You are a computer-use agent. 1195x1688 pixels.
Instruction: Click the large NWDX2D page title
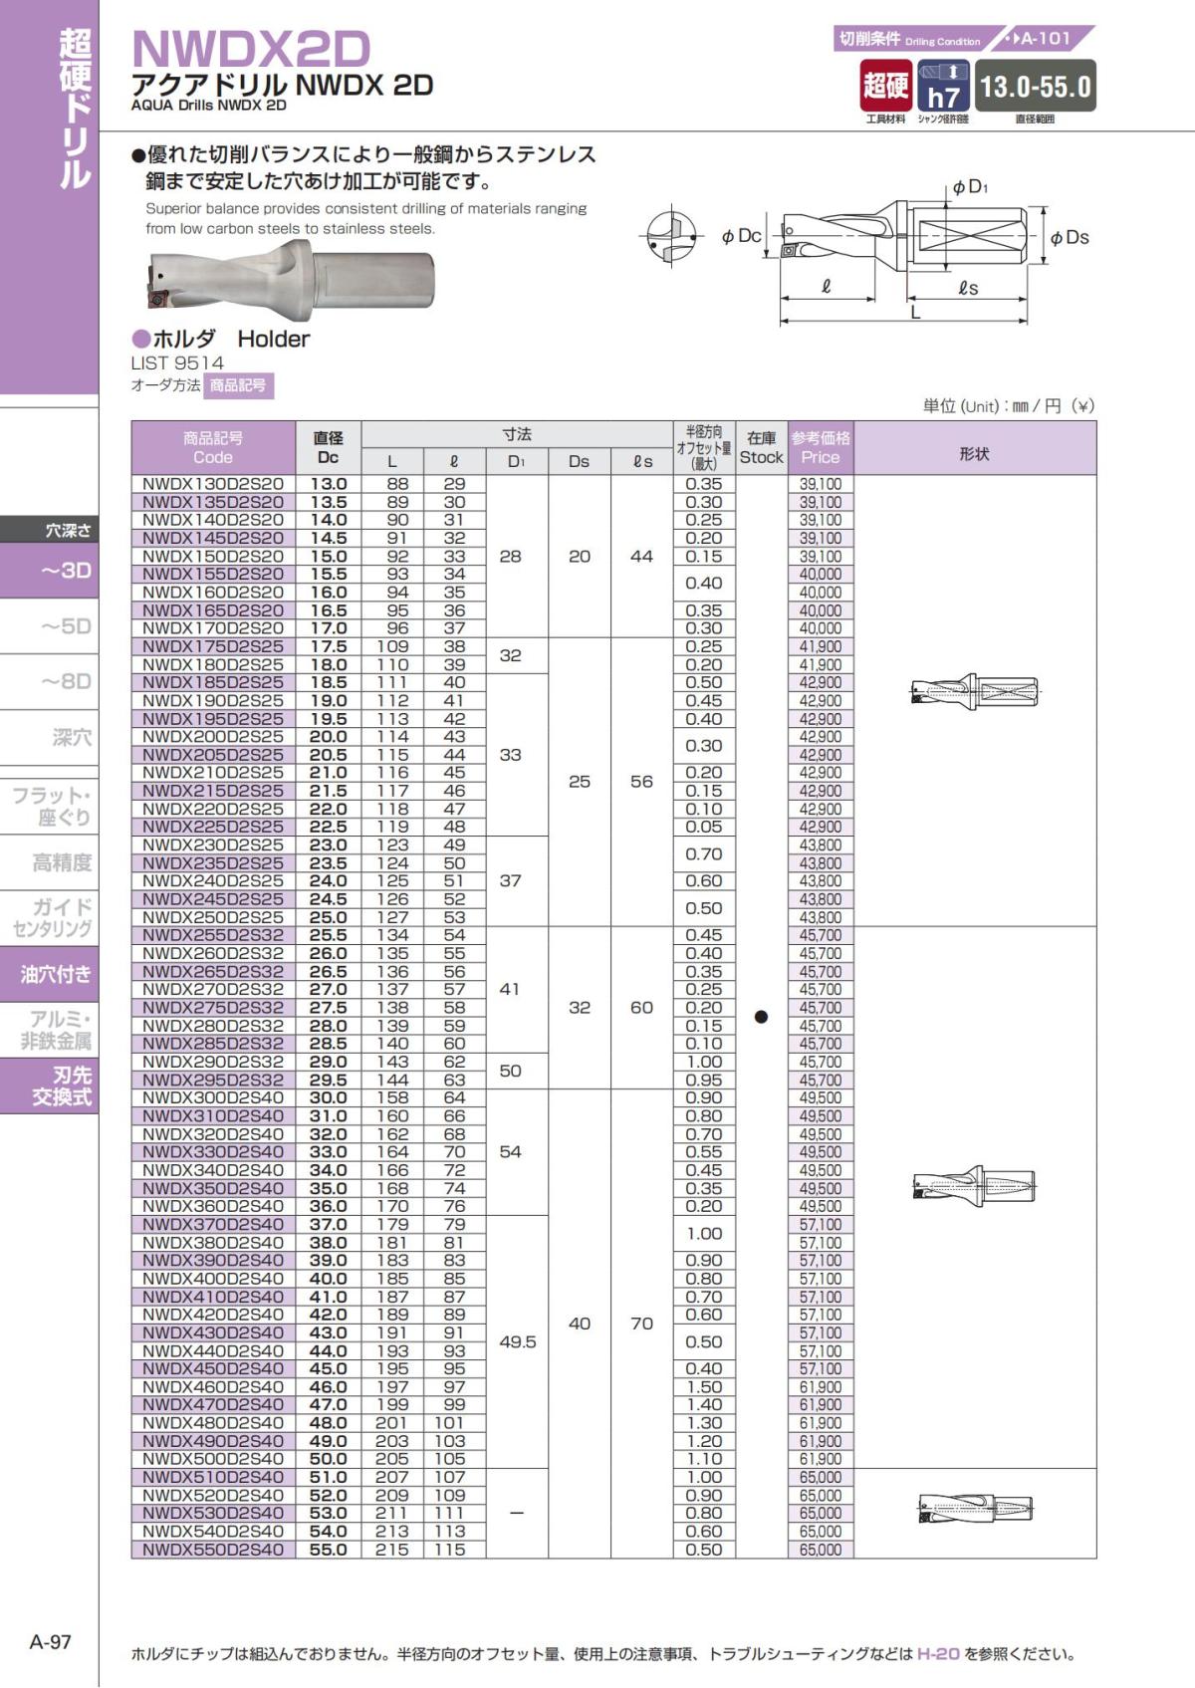tap(251, 48)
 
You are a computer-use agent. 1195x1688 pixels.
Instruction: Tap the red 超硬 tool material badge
tap(885, 86)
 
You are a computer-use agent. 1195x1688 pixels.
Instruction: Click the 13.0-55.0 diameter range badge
tap(1035, 87)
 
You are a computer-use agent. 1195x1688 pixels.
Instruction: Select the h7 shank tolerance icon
tap(942, 87)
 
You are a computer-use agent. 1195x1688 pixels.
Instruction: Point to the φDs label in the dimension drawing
tap(1070, 237)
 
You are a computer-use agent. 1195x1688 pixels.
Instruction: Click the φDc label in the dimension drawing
tap(741, 236)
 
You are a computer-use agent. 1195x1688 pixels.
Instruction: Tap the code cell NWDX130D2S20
tap(213, 484)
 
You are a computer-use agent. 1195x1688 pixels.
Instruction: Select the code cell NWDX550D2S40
tap(213, 1550)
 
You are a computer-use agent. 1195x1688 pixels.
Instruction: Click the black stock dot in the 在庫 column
tap(761, 1017)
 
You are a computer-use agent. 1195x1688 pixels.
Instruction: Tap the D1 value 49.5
tap(517, 1341)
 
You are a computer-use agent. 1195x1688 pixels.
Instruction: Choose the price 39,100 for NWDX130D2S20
tap(820, 484)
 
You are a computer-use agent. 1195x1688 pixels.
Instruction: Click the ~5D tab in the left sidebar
tap(66, 626)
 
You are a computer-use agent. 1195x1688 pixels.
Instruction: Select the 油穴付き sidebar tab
tap(56, 974)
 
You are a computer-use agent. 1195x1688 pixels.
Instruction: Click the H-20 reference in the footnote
tap(938, 1653)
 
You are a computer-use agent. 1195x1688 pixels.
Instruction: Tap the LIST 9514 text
tap(177, 362)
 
